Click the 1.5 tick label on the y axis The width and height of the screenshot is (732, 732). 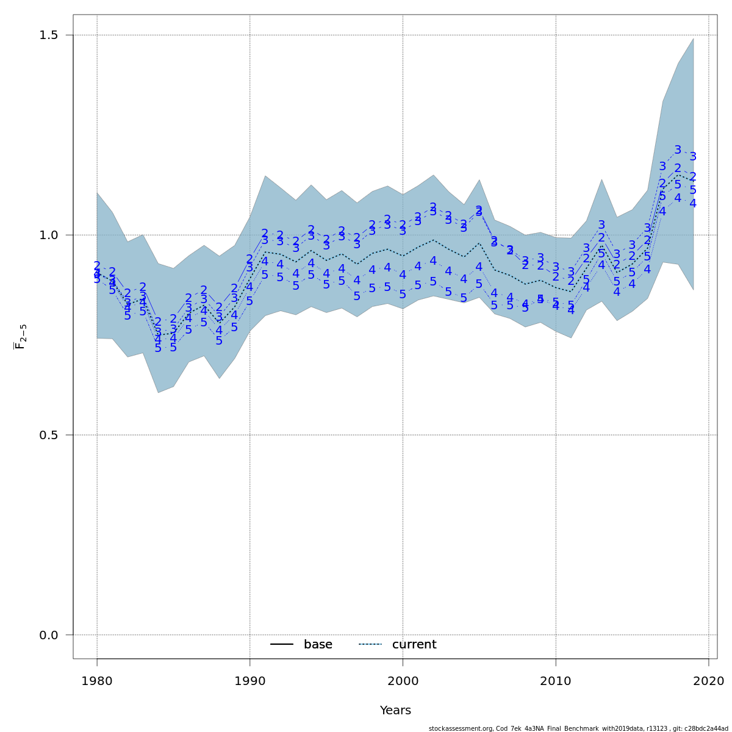[48, 35]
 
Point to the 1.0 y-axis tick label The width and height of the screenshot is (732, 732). [48, 235]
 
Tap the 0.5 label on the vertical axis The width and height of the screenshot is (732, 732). [48, 436]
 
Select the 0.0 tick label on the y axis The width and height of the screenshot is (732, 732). [48, 636]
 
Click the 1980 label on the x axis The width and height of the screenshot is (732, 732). [97, 681]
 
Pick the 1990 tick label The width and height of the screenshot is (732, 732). [250, 681]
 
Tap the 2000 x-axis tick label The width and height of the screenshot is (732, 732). [403, 681]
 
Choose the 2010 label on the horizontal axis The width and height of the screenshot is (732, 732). [556, 681]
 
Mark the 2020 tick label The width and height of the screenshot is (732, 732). [708, 681]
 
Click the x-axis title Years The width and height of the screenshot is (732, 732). [395, 711]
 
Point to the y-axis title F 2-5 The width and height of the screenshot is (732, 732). [20, 337]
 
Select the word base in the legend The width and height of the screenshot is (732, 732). [318, 645]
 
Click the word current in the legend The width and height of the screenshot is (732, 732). [414, 645]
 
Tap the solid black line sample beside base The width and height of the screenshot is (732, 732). [282, 645]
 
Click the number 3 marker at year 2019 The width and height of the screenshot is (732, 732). [693, 157]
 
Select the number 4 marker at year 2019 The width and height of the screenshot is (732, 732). [693, 203]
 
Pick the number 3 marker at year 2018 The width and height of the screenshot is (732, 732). [678, 150]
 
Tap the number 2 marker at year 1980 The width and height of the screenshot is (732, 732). [97, 266]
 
